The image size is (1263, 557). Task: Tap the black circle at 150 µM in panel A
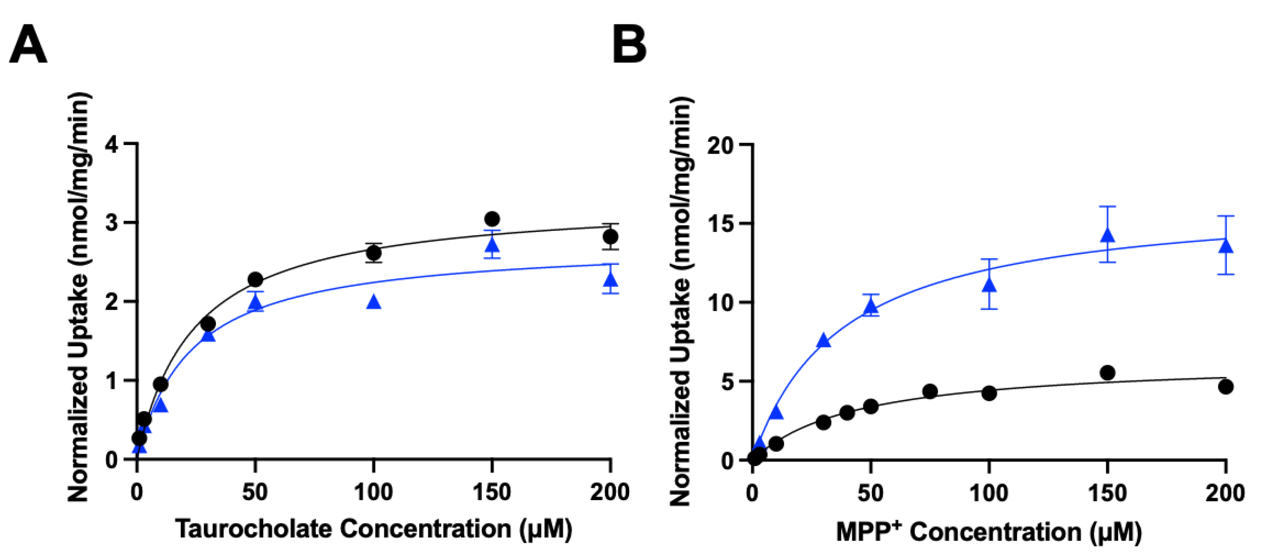tap(492, 219)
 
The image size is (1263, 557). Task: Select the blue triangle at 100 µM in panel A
tap(374, 302)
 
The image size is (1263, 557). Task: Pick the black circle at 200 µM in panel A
tap(610, 236)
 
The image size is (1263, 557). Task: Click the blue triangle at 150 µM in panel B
tap(1107, 236)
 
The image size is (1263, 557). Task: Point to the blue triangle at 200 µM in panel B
tap(1226, 246)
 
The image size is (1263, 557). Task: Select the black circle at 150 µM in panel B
tap(1107, 373)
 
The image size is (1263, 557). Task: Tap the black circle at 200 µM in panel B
tap(1226, 387)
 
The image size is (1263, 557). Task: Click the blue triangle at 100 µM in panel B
tap(990, 285)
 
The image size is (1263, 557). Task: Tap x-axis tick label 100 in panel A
tap(374, 492)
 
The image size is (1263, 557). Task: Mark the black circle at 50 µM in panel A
tap(255, 280)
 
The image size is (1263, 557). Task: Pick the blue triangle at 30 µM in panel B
tap(824, 340)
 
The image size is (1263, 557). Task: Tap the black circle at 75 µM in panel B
tap(930, 391)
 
